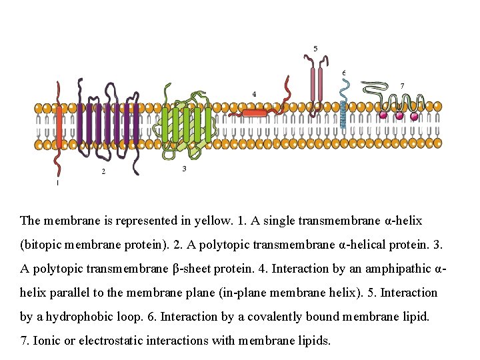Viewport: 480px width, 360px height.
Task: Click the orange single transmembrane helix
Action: (59, 127)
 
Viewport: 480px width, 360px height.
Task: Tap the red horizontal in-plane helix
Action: (254, 113)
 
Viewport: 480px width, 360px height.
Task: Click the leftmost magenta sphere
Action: (383, 115)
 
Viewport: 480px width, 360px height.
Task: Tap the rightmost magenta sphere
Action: (415, 116)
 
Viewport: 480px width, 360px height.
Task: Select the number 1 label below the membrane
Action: (57, 182)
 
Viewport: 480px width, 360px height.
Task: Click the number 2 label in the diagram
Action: (103, 171)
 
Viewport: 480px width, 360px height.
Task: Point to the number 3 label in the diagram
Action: (184, 169)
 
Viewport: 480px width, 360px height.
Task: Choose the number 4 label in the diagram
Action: (254, 94)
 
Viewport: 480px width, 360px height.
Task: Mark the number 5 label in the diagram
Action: (315, 48)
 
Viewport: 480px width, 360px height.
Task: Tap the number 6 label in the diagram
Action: (343, 72)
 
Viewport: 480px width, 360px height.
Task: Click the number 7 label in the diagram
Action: (401, 85)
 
